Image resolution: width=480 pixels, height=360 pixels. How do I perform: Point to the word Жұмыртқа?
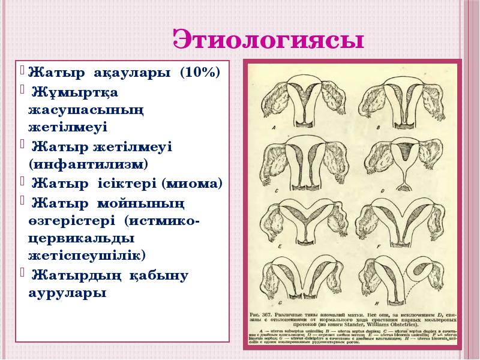[x=76, y=93]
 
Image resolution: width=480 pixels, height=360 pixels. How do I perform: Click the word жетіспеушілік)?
[x=86, y=256]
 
